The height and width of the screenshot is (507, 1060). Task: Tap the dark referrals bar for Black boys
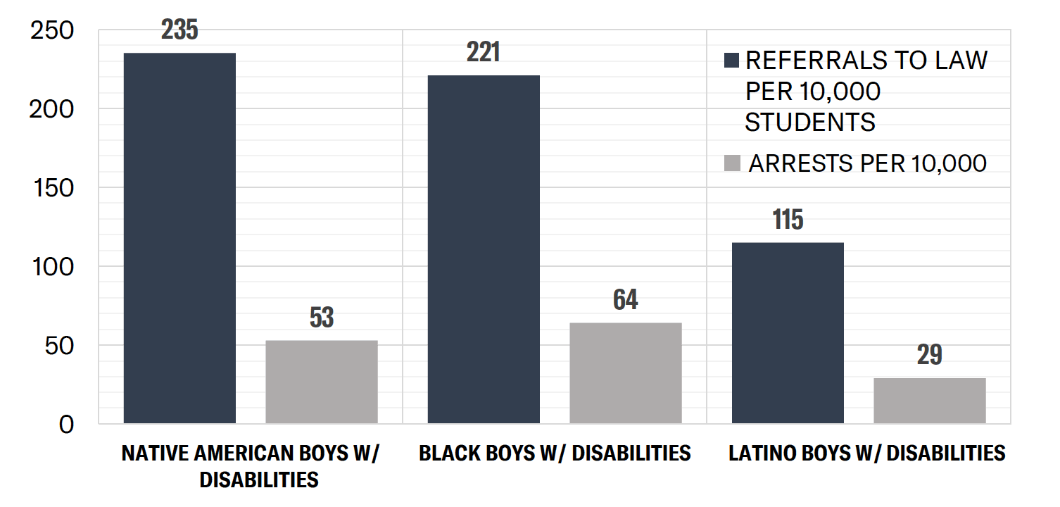pos(484,249)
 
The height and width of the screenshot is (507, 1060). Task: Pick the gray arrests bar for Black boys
pos(626,373)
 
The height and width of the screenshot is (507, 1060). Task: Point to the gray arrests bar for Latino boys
pos(930,401)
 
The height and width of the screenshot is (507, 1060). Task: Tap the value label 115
pos(788,220)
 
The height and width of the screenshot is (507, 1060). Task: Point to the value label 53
pos(322,318)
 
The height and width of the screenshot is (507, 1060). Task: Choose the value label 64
pos(626,300)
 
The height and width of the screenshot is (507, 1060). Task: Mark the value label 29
pos(930,356)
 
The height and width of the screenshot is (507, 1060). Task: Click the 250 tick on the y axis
pos(53,32)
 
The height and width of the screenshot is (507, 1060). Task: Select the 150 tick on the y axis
pos(53,188)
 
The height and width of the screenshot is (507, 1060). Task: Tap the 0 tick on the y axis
pos(66,425)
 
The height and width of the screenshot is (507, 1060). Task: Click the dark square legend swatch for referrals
pos(731,61)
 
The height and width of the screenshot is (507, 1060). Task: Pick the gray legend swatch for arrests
pos(733,164)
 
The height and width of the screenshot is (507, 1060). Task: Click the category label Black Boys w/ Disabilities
pos(555,453)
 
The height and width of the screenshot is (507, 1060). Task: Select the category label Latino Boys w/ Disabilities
pos(866,453)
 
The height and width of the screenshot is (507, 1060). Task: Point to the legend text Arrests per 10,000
pos(867,163)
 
